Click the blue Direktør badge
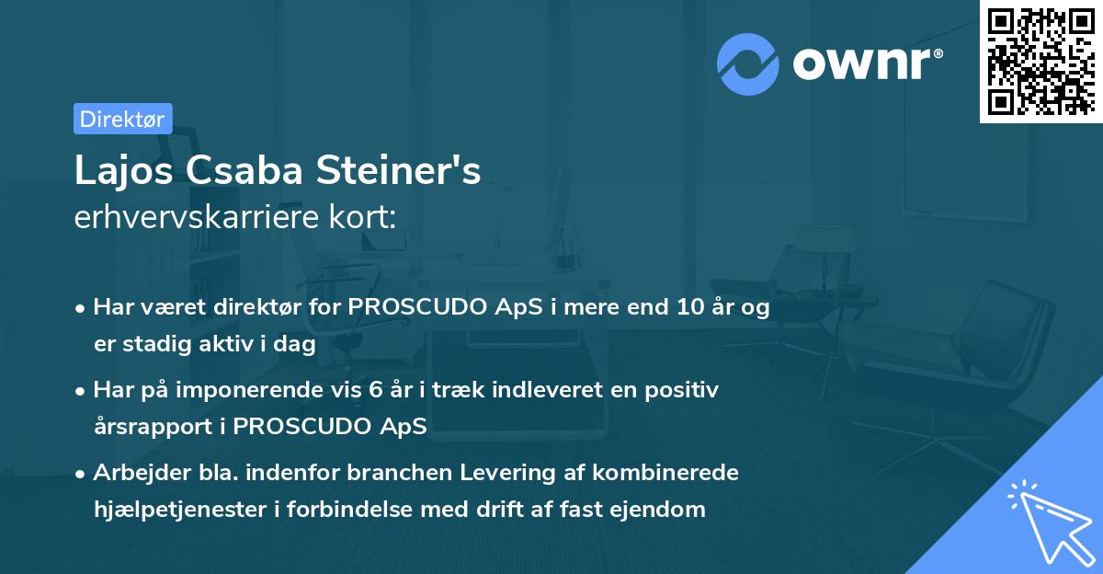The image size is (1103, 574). [122, 119]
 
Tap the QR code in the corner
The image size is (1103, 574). [1040, 61]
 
